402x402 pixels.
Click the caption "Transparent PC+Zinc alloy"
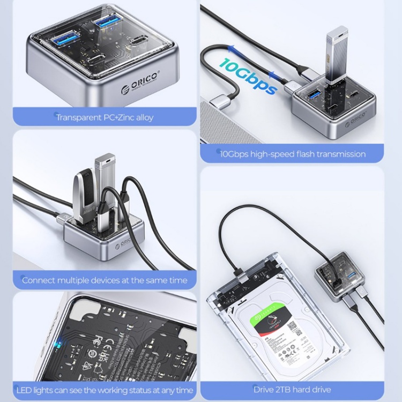pos(105,117)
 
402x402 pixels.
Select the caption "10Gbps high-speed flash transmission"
pos(293,154)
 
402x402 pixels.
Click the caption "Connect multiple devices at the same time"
pos(105,280)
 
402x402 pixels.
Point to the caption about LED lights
pos(105,390)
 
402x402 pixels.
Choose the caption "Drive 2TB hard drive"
pos(292,390)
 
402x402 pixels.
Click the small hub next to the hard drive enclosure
pos(337,273)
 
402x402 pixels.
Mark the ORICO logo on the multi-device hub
pos(122,242)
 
